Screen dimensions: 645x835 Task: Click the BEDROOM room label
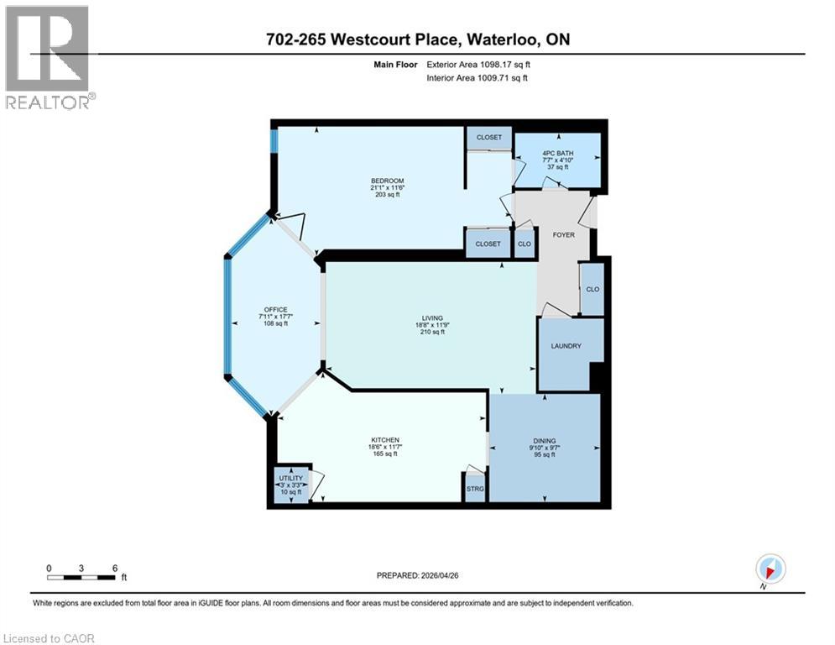[x=388, y=181]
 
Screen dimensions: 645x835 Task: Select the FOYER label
[x=564, y=234]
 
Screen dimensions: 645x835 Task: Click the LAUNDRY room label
[x=566, y=346]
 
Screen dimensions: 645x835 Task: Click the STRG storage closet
[x=475, y=487]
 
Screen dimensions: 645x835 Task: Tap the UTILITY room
[x=290, y=479]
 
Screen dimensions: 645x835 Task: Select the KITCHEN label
[x=384, y=440]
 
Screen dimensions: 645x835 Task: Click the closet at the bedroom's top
[x=488, y=137]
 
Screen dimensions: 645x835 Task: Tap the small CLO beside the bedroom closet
[x=524, y=244]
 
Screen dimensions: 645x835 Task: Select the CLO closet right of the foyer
[x=592, y=289]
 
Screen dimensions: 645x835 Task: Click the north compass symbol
[x=770, y=569]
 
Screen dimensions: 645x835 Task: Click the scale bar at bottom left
[x=81, y=576]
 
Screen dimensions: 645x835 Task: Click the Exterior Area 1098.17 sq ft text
[x=478, y=63]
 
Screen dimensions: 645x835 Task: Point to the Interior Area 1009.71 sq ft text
[x=478, y=78]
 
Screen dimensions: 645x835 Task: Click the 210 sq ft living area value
[x=431, y=332]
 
